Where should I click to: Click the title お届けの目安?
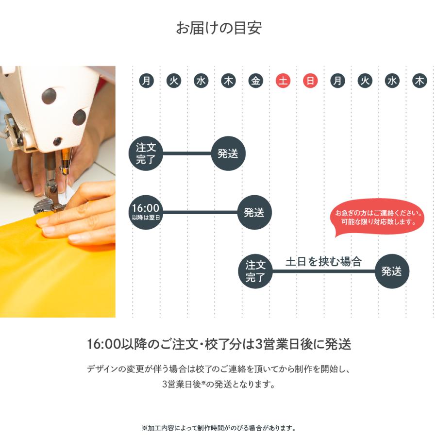(x=218, y=28)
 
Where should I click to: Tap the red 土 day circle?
(x=283, y=81)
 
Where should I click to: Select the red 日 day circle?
(x=310, y=81)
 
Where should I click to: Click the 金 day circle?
(x=256, y=81)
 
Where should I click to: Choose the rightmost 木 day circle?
(x=419, y=81)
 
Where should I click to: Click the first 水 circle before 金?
(x=201, y=81)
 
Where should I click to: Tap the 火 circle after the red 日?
(x=365, y=81)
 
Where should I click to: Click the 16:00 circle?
(x=146, y=212)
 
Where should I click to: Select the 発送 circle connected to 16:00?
(x=254, y=212)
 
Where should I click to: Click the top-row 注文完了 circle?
(x=146, y=153)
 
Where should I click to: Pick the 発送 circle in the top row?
(x=228, y=153)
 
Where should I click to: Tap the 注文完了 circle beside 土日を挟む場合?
(x=255, y=271)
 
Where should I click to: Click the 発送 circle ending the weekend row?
(x=392, y=271)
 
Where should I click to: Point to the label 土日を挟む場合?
(x=323, y=262)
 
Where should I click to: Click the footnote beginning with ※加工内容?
(x=218, y=428)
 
